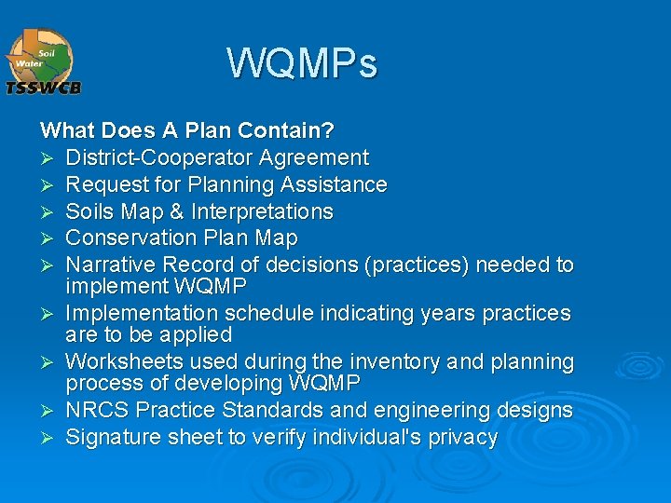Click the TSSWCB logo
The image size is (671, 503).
[44, 61]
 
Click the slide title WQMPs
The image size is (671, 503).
[302, 63]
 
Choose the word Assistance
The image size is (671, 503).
[333, 184]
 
